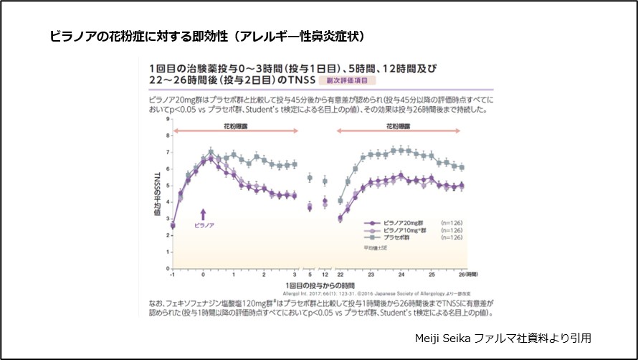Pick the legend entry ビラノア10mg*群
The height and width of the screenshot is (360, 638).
tap(401, 230)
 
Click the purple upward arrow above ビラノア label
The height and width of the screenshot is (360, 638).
tap(204, 213)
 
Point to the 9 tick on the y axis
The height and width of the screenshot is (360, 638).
tap(167, 118)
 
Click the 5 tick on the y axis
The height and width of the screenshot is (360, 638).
tap(167, 186)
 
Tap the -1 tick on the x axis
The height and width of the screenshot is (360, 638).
tap(173, 275)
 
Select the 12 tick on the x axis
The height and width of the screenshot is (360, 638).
tap(324, 275)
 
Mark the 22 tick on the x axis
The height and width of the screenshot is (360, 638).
tap(340, 275)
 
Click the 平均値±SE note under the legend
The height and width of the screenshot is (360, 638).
tap(374, 247)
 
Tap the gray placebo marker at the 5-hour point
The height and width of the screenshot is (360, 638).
tap(310, 178)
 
